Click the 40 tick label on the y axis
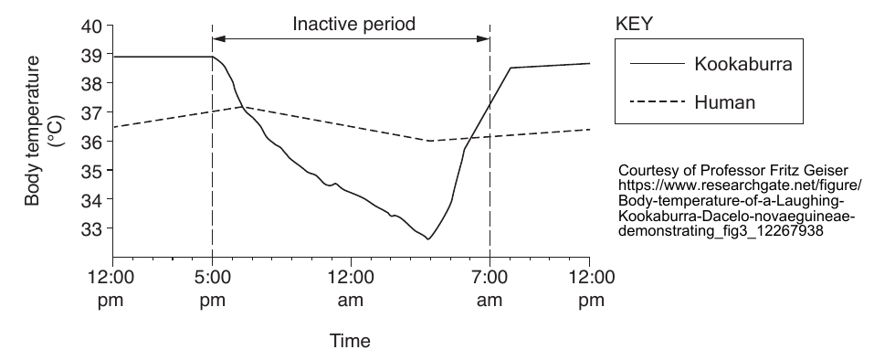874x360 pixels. [92, 26]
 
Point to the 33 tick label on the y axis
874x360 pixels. [92, 228]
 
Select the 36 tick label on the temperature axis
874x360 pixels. [92, 141]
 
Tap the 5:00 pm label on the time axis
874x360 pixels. [213, 288]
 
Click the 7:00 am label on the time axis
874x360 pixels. [490, 288]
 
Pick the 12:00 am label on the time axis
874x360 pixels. [351, 288]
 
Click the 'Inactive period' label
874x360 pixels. [354, 24]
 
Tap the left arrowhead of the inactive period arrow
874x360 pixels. [218, 38]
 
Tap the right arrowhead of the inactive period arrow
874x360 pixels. [483, 38]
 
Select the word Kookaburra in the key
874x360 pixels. [743, 64]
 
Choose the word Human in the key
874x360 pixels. [724, 102]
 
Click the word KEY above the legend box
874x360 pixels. [634, 24]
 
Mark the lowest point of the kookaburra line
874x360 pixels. [428, 239]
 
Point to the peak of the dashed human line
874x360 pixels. [243, 106]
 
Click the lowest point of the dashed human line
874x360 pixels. [431, 141]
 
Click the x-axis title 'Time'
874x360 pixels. [350, 341]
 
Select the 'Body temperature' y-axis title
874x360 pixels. [33, 131]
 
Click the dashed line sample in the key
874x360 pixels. [658, 101]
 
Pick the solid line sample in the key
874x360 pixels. [658, 64]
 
